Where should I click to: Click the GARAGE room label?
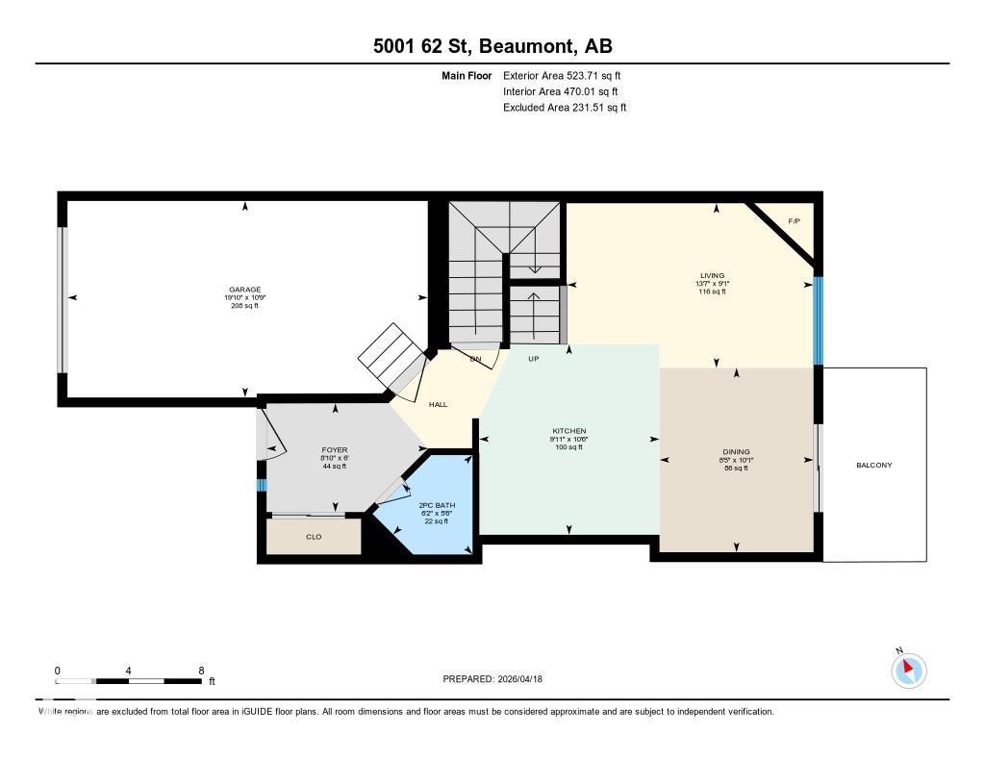pos(244,290)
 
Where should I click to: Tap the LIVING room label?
pos(712,275)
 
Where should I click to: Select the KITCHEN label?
pos(568,431)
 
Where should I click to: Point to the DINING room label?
pos(736,452)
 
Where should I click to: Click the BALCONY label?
pos(873,466)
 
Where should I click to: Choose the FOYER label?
pos(334,450)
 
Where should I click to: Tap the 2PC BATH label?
pos(438,505)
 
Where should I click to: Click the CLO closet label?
pos(314,537)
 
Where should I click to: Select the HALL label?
pos(438,405)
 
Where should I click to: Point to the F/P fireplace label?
pos(794,222)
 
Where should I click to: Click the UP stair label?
pos(534,359)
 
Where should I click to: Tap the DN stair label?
pos(474,359)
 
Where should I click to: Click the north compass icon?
pos(908,670)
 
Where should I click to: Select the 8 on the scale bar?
pos(200,671)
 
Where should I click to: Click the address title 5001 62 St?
pos(423,46)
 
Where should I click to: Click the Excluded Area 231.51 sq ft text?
pos(565,108)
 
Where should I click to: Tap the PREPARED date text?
pos(498,679)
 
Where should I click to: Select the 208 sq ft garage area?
pos(244,306)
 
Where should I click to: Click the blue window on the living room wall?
pos(819,321)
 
